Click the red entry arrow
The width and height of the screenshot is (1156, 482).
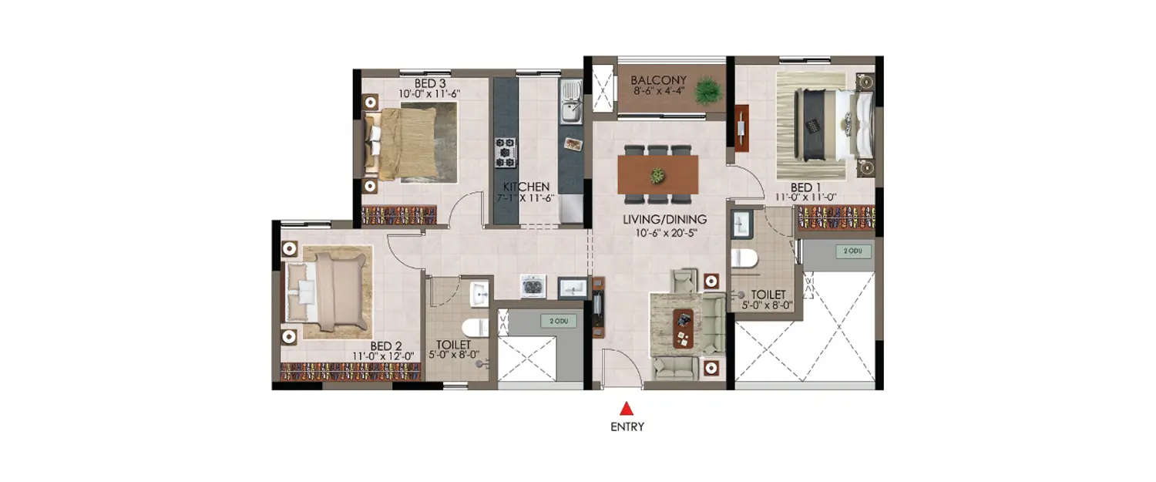[x=627, y=410]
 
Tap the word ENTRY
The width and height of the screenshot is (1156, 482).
[x=627, y=426]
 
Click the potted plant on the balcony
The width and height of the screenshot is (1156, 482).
[x=708, y=90]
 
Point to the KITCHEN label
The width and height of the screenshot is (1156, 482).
[x=526, y=187]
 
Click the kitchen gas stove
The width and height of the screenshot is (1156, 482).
[x=506, y=152]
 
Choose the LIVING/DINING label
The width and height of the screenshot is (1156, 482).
[x=664, y=219]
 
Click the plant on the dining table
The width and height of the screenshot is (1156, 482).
[x=657, y=176]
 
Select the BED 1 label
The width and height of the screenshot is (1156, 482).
[x=805, y=187]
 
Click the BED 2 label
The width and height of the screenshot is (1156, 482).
[x=386, y=345]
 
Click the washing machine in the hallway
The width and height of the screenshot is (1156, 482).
[x=533, y=286]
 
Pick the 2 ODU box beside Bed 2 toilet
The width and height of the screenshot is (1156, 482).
[x=559, y=321]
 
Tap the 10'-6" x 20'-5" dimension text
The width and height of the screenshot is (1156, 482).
[x=664, y=231]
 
